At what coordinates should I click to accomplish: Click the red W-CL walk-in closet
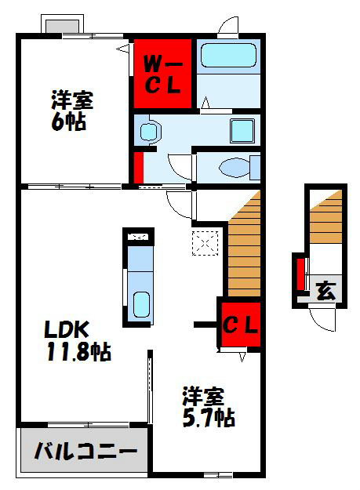[x=163, y=73]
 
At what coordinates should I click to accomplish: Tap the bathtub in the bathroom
[x=227, y=56]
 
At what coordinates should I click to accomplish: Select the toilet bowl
[x=234, y=167]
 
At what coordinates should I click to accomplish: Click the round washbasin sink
[x=149, y=132]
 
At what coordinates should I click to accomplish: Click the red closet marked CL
[x=239, y=323]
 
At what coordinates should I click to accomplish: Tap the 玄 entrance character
[x=325, y=292]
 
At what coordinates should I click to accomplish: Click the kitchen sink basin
[x=142, y=303]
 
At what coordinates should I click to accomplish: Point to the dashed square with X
[x=205, y=242]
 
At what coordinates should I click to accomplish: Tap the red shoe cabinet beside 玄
[x=300, y=273]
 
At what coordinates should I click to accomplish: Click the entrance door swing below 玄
[x=321, y=318]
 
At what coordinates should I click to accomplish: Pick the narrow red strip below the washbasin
[x=138, y=167]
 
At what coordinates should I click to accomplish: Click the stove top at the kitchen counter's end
[x=140, y=236]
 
